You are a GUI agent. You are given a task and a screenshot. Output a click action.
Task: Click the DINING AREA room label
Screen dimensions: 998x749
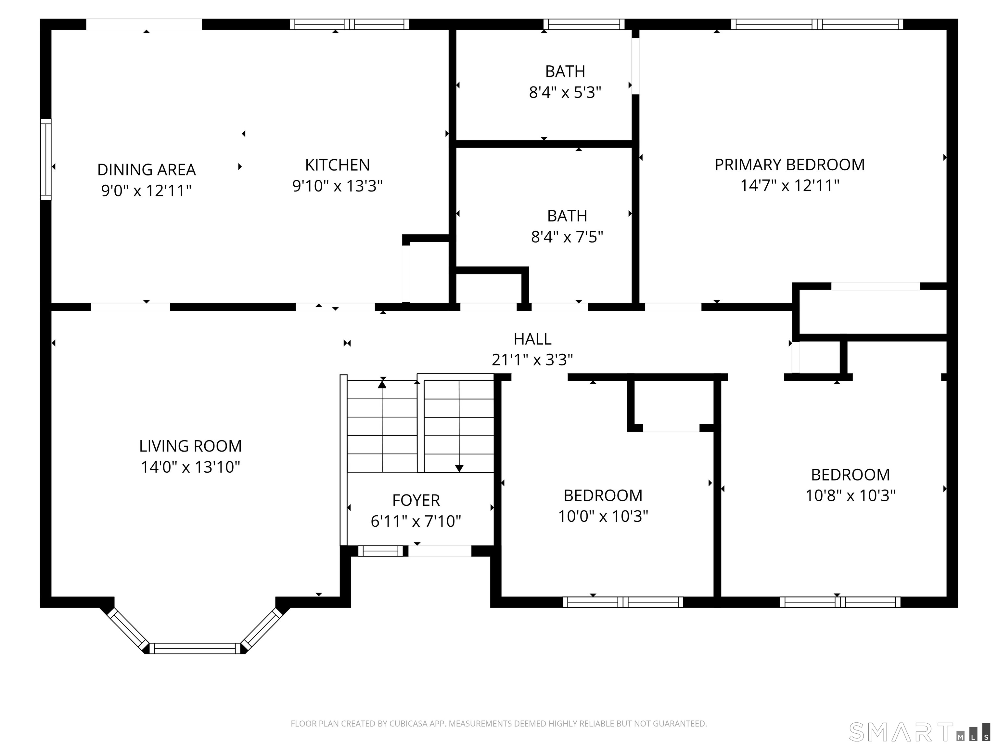tap(147, 170)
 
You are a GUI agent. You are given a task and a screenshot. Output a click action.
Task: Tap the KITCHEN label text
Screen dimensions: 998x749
tap(338, 165)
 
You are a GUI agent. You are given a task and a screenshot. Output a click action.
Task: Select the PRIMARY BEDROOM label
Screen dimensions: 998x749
tap(789, 165)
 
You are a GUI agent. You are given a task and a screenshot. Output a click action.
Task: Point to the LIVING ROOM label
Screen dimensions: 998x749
tap(190, 446)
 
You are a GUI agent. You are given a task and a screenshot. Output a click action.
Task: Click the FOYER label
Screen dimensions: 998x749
tap(416, 500)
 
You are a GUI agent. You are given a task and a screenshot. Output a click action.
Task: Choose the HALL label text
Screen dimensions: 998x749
tap(532, 339)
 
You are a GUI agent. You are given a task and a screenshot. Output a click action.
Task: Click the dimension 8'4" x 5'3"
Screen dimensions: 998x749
tap(565, 93)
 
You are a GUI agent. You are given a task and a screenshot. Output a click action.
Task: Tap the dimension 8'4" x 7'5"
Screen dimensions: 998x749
tap(567, 237)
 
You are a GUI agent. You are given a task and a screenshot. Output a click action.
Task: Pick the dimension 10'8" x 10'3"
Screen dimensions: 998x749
tap(851, 496)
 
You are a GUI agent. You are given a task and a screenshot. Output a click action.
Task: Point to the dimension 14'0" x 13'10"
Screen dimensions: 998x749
tap(190, 467)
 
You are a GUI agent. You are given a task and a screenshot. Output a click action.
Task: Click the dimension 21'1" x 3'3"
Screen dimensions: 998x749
tap(532, 360)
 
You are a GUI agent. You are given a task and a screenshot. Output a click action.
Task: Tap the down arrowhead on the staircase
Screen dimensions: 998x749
tap(459, 468)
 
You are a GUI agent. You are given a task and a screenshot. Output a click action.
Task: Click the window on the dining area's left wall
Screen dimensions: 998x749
tap(45, 159)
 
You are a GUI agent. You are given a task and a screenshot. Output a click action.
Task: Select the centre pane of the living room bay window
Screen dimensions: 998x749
tap(195, 648)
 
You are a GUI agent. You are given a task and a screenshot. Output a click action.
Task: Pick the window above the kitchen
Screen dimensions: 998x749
tap(349, 24)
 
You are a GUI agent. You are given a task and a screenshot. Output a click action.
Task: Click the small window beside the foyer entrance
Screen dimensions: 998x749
tap(380, 551)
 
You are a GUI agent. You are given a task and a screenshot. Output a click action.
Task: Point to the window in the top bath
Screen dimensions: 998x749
tap(584, 24)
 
